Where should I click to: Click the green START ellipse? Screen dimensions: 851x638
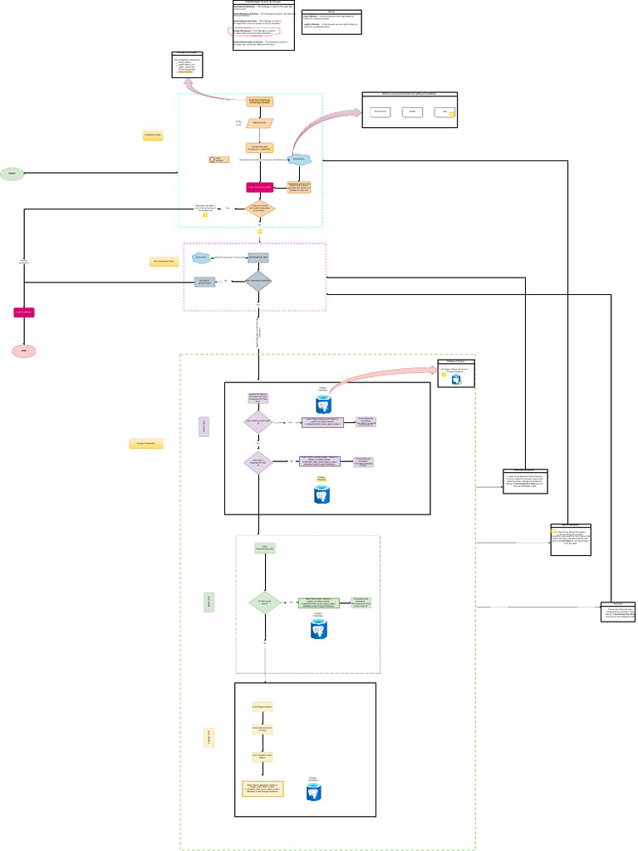point(12,175)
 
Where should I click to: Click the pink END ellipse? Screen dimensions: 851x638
point(24,352)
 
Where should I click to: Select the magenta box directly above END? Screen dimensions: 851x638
point(23,312)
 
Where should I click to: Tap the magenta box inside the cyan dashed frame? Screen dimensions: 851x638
point(260,188)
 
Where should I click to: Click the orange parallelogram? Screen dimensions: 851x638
point(259,123)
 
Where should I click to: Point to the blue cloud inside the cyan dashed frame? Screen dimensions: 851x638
point(300,160)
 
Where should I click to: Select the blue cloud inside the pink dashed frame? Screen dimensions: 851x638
point(200,258)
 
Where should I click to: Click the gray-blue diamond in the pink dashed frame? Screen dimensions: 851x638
point(258,281)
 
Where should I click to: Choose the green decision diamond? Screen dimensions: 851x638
point(264,602)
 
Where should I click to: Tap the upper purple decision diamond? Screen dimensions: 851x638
point(258,422)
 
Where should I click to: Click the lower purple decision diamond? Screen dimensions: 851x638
point(258,461)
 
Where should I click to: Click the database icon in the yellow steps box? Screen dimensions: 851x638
point(313,792)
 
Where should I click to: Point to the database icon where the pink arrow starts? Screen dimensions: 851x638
point(322,404)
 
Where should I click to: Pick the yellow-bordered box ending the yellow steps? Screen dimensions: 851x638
point(263,788)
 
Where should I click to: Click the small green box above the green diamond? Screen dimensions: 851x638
point(264,548)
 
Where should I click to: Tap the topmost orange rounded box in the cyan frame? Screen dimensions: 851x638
point(259,101)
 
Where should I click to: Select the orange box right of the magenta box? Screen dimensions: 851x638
point(299,187)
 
